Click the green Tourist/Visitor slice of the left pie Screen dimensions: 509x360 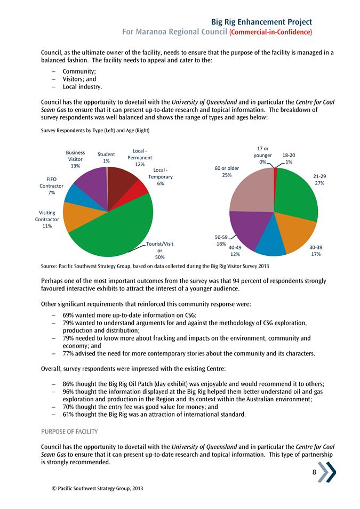(x=115, y=229)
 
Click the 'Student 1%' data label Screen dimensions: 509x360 (x=106, y=158)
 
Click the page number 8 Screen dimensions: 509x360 (x=315, y=471)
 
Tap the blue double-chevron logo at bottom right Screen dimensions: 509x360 (x=327, y=472)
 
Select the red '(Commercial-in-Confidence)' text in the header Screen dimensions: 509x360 (x=270, y=32)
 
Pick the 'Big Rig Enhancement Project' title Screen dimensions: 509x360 (x=261, y=22)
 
